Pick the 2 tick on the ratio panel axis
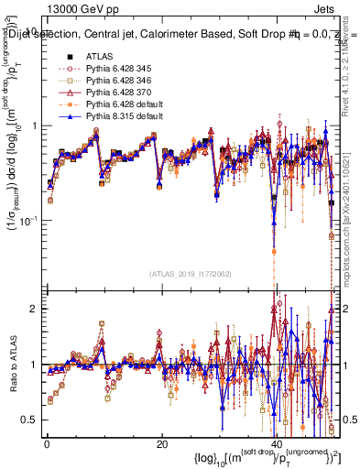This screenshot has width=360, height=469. coord(32,310)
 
